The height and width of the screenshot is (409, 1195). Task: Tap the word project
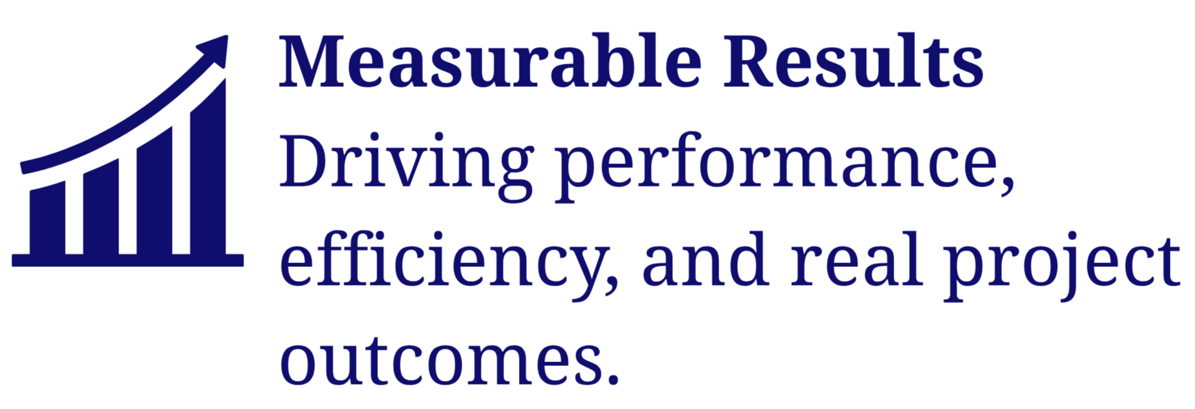(1062, 264)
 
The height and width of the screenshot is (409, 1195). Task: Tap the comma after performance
(1006, 186)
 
